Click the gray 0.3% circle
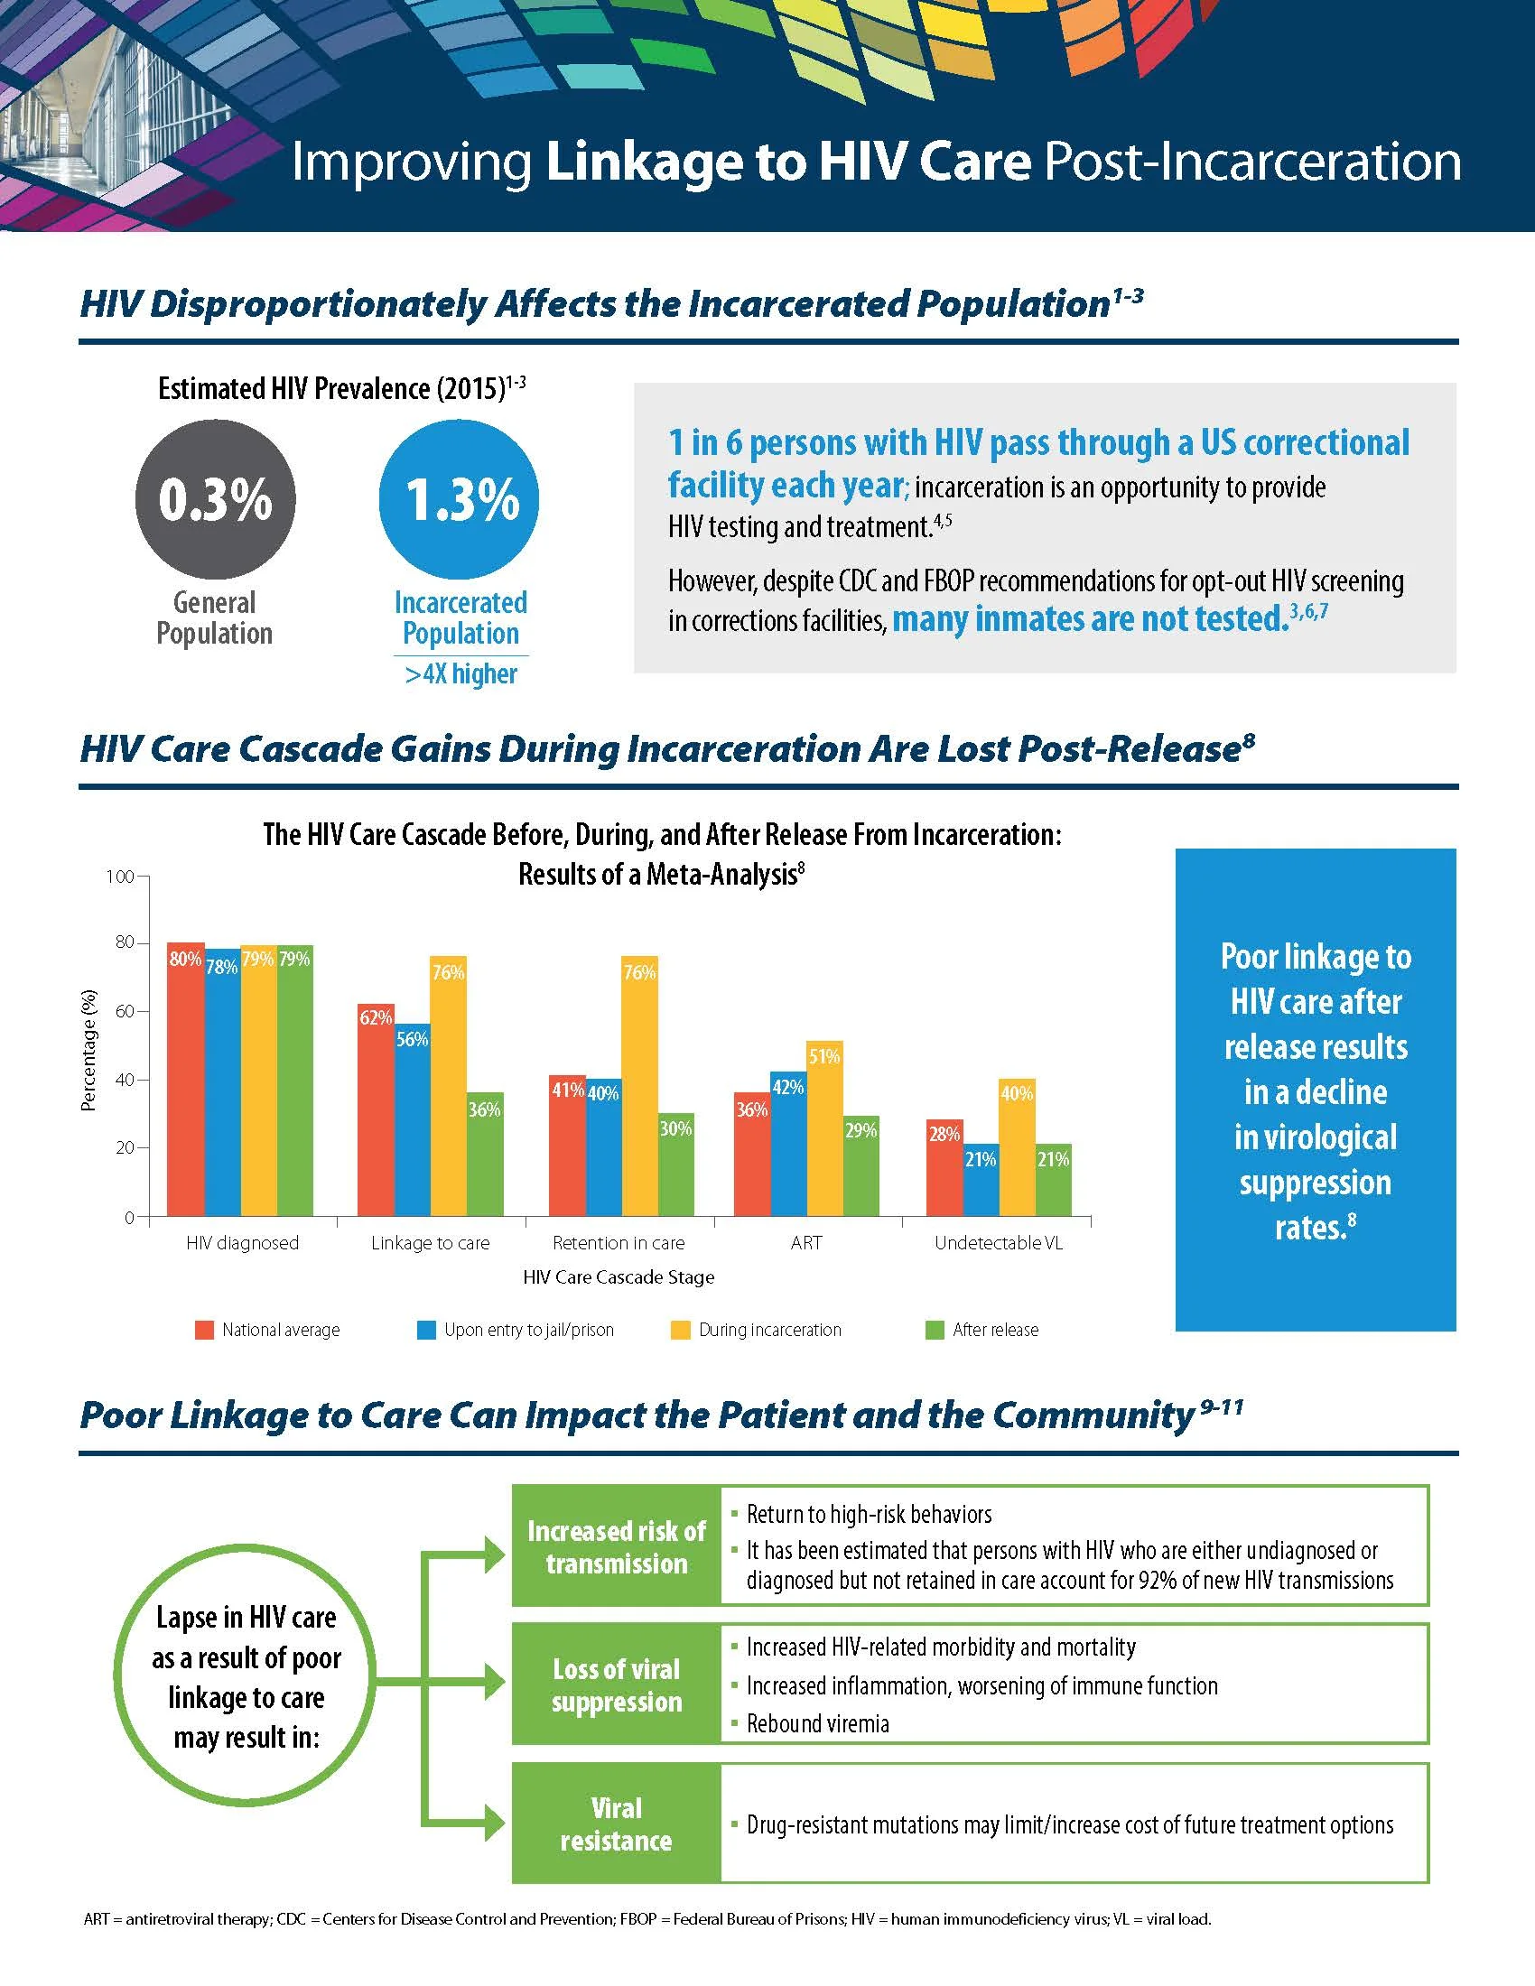(216, 499)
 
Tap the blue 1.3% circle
(460, 499)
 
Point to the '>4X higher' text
(461, 673)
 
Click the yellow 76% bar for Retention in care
(639, 1086)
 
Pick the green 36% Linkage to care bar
(485, 1154)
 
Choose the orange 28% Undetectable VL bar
(944, 1167)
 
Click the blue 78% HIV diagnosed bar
(222, 1082)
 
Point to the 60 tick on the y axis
(124, 1011)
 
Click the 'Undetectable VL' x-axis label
(999, 1243)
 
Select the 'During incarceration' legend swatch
(680, 1331)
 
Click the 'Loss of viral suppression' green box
(617, 1685)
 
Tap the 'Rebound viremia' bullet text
(817, 1724)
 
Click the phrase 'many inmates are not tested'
(1090, 619)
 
